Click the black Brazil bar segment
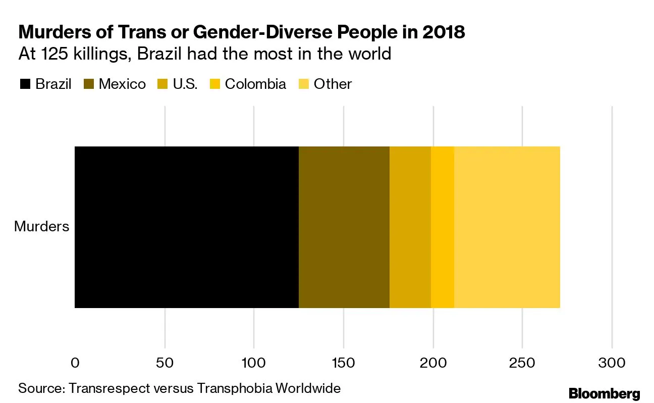tap(187, 227)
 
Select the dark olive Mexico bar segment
tap(344, 227)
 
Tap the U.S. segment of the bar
tap(410, 227)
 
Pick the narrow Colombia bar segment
tap(443, 227)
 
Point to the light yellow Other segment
tap(507, 227)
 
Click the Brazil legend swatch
tap(25, 84)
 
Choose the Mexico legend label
tap(122, 84)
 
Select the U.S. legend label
tap(185, 84)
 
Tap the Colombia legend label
tap(255, 84)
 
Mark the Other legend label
tap(333, 84)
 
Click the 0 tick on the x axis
tap(75, 363)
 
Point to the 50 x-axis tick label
tap(165, 363)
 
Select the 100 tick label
tap(254, 363)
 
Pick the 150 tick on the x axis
tap(344, 363)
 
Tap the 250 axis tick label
tap(522, 363)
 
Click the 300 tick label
tap(612, 363)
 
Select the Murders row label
tap(41, 226)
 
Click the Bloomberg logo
tap(604, 393)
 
